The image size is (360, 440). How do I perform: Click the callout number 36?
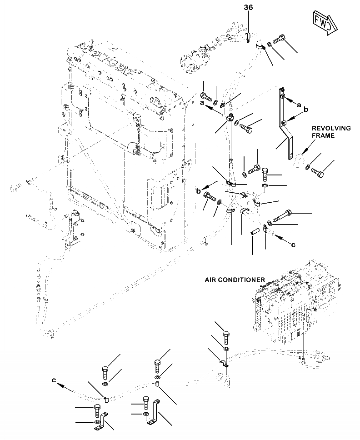248,7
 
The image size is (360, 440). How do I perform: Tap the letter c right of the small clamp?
293,245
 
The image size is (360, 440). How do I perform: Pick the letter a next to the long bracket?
299,105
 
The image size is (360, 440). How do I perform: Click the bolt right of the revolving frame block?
318,172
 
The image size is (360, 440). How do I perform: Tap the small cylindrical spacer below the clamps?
255,231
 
